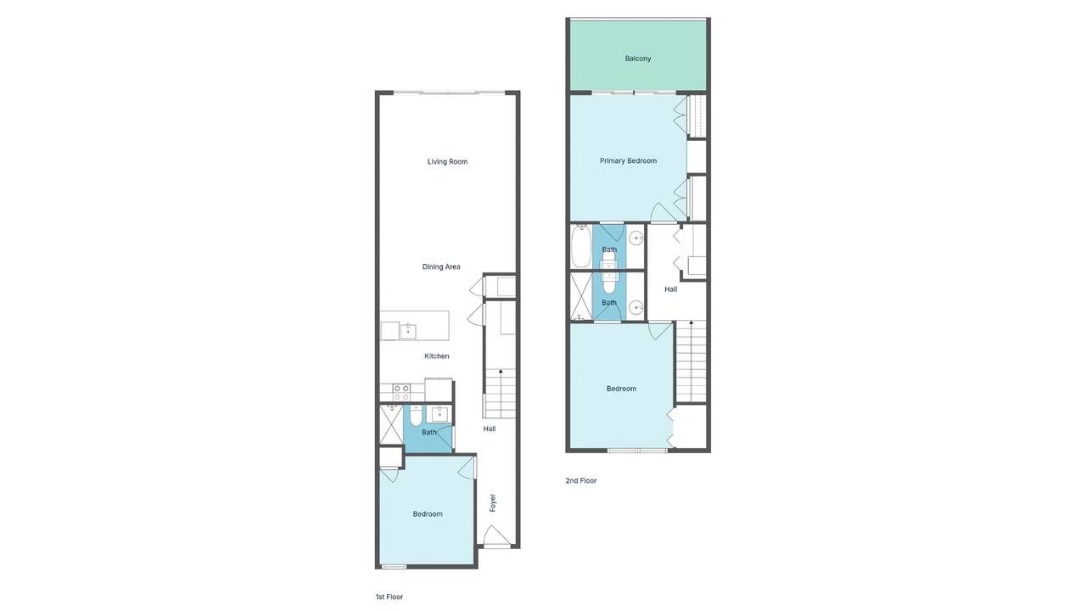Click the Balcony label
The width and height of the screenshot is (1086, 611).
coord(637,59)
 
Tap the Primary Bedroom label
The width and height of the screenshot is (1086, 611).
coord(629,161)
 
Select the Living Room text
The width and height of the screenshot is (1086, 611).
coord(447,162)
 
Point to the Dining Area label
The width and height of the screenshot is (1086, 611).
coord(441,266)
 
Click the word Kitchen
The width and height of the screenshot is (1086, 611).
coord(437,356)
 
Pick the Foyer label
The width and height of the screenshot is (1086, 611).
coord(493,503)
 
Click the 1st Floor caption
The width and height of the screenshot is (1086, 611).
coord(389,597)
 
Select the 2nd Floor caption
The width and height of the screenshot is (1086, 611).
coord(581,480)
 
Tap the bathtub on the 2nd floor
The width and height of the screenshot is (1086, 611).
coord(581,247)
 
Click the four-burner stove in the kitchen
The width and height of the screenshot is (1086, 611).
coord(401,393)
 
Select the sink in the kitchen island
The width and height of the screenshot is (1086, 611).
coord(408,332)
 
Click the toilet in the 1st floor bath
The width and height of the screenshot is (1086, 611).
coord(416,416)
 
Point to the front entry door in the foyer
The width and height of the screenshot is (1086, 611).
coord(496,537)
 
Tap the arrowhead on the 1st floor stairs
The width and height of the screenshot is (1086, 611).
coord(501,372)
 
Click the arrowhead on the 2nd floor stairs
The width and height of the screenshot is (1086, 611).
coord(691,322)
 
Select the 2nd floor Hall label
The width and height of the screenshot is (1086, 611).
coord(671,289)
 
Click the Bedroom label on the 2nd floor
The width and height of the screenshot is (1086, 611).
coord(622,389)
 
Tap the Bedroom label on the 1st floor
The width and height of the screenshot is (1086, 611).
coord(428,514)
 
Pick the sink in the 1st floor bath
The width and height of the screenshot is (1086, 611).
coord(439,414)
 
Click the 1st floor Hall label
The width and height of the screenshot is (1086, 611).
coord(490,429)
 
